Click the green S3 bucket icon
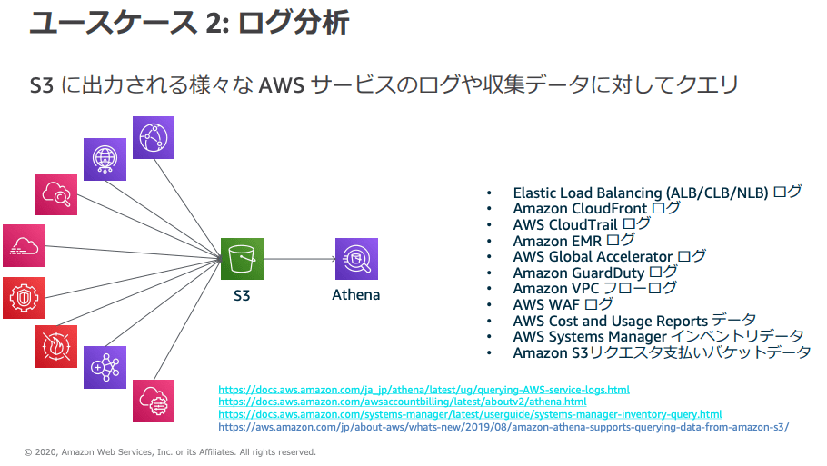pos(242,259)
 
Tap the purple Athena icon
pos(356,259)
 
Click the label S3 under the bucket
pos(242,295)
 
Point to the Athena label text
pos(356,295)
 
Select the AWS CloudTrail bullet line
pos(582,224)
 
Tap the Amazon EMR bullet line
pos(573,241)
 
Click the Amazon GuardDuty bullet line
pos(595,273)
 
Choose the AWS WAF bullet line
pos(563,304)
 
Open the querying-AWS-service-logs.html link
pos(423,390)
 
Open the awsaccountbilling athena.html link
pos(402,402)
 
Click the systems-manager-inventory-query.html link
pos(470,414)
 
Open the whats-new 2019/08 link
pos(503,426)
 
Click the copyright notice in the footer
pos(170,451)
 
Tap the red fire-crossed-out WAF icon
pos(56,346)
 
